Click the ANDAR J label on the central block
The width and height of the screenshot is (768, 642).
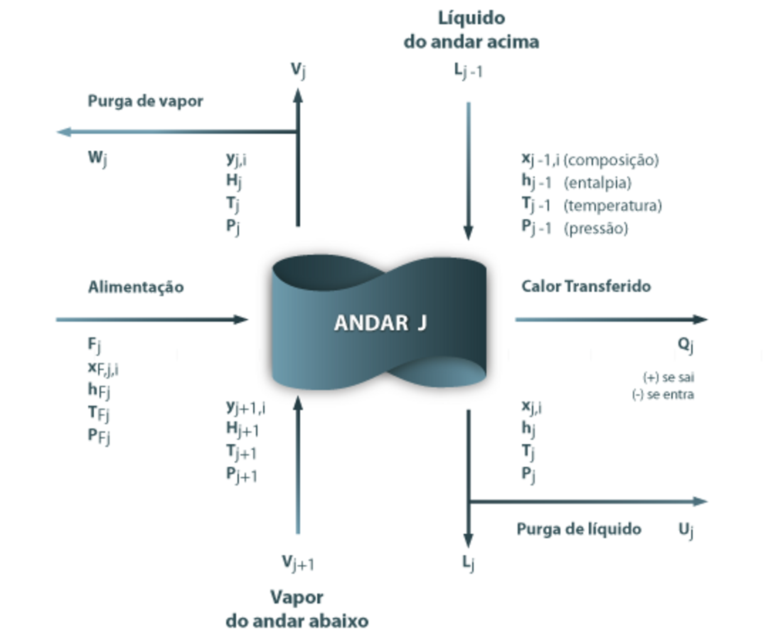point(380,323)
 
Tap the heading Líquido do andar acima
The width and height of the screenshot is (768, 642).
point(471,30)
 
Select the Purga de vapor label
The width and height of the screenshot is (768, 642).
point(145,101)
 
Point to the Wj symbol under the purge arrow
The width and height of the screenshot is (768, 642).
point(97,157)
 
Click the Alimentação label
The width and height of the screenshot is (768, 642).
point(135,287)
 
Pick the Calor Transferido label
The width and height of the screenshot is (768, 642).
point(586,286)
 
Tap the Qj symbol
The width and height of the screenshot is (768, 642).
point(685,346)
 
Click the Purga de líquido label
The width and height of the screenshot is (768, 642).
point(579,529)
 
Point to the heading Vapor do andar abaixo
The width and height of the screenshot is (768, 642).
point(297,609)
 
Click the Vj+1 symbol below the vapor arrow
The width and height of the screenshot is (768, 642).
point(297,563)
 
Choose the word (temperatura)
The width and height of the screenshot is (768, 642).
point(612,206)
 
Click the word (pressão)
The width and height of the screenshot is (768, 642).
point(596,228)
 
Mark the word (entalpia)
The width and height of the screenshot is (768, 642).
point(597,183)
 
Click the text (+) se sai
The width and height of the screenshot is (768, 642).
point(667,377)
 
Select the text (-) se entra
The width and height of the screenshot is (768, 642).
point(663,394)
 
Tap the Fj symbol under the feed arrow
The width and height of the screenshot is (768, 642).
point(95,346)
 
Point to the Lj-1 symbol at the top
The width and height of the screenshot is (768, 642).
point(469,70)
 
